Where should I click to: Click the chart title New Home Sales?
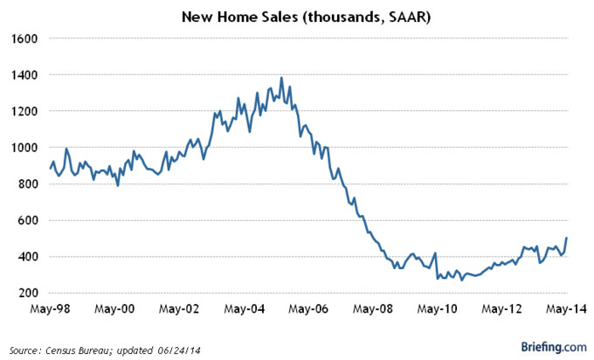[x=298, y=17]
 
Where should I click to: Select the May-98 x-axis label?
[x=52, y=309]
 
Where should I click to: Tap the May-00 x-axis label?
[x=116, y=309]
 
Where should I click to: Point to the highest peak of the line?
[x=281, y=78]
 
